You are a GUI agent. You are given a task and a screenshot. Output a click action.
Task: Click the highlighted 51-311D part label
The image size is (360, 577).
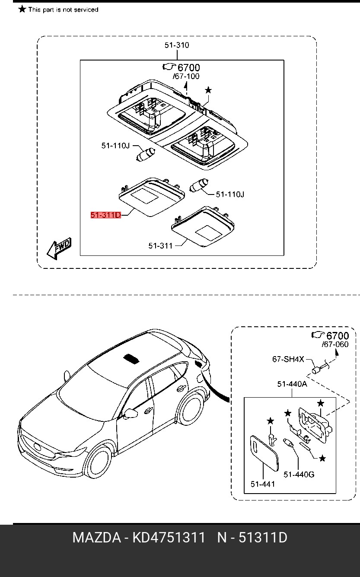pos(105,215)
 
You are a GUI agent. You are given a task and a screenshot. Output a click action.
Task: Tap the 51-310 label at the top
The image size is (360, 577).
pos(176,45)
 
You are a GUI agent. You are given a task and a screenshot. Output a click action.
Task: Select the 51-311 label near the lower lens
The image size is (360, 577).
pos(160,246)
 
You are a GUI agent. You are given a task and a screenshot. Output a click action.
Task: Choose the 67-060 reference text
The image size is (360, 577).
pos(335,344)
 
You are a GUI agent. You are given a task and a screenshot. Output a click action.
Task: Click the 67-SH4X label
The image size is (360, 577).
pos(288,359)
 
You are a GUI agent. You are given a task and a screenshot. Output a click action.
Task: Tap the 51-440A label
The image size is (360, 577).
pos(292,384)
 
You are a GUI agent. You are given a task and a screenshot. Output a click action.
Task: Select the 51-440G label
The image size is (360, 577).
pos(299,475)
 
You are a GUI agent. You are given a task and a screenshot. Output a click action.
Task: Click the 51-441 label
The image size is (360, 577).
pos(262,484)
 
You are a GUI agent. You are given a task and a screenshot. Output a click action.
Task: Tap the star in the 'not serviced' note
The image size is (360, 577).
pos(22,9)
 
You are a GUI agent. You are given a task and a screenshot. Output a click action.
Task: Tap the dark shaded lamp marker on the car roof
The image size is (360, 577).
pos(132,358)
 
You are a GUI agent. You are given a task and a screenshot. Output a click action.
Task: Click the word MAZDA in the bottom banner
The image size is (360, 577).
pos(96,538)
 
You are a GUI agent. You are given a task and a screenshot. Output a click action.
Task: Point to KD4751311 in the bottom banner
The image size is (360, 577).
pos(169,538)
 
